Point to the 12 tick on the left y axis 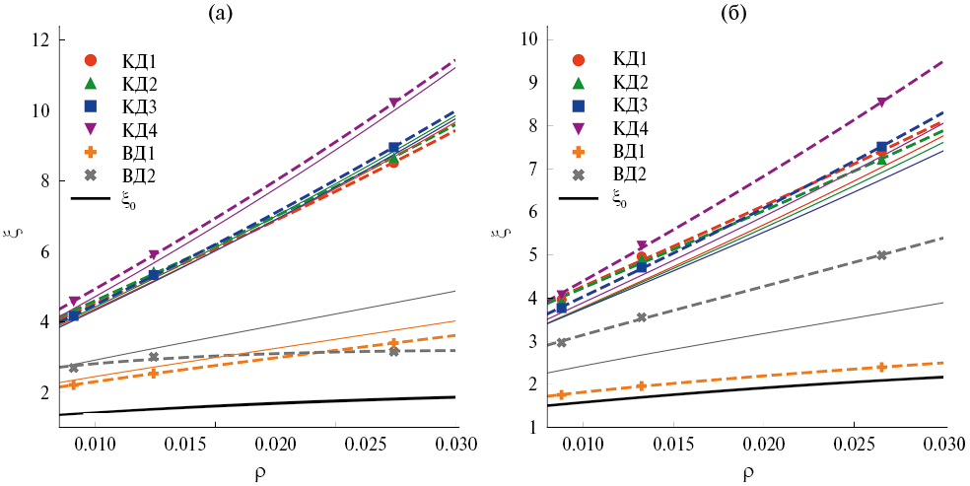tap(41, 40)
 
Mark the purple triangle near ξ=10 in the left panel tap(394, 103)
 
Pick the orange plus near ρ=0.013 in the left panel tap(153, 373)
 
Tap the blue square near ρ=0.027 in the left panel tap(393, 148)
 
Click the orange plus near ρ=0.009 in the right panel tap(562, 395)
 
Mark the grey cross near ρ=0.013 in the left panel tap(153, 357)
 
